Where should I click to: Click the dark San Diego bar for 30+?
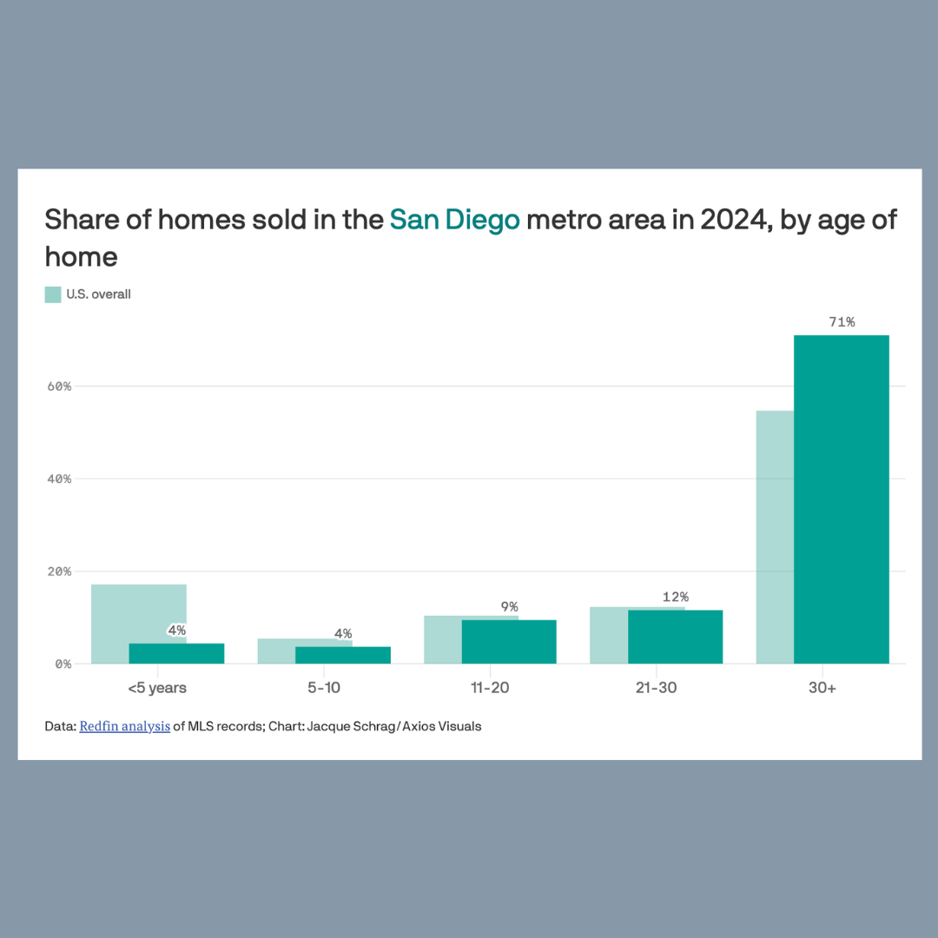point(841,499)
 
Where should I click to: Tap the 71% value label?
point(842,322)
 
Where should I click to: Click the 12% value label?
point(675,597)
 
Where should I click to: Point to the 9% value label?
point(509,606)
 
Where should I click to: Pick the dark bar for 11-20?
point(509,642)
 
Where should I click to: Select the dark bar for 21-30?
point(675,637)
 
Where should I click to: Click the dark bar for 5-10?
point(342,655)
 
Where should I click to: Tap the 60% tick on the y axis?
point(60,386)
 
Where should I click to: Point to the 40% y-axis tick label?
point(60,479)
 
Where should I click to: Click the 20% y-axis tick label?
point(60,571)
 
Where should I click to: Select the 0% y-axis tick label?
point(63,664)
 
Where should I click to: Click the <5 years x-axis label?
point(157,688)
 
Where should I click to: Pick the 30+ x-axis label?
point(822,688)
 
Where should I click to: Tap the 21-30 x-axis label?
point(656,688)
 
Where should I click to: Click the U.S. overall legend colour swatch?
point(53,294)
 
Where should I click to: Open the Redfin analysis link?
point(124,726)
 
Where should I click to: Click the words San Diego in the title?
point(454,220)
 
